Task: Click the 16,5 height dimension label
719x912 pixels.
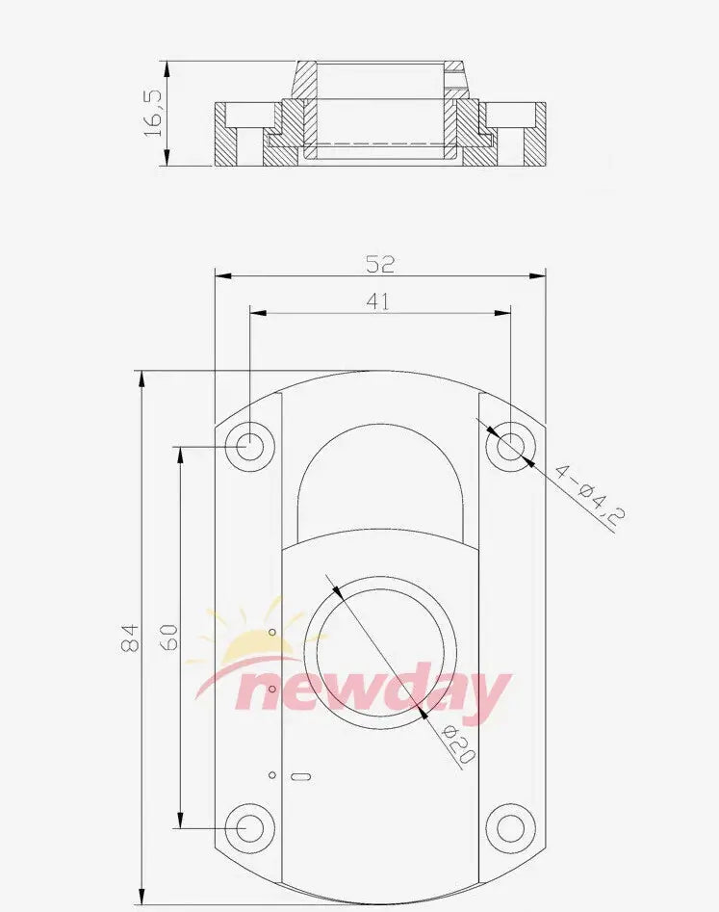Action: click(152, 114)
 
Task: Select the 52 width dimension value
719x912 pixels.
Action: click(380, 265)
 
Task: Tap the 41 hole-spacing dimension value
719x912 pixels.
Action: click(378, 301)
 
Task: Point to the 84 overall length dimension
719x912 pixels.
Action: click(130, 638)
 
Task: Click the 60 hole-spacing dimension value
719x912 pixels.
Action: click(168, 637)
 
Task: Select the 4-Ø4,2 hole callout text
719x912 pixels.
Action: click(589, 494)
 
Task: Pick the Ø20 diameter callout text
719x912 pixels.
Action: click(459, 743)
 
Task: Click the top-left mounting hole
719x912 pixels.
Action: click(250, 446)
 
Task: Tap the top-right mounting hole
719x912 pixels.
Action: click(511, 446)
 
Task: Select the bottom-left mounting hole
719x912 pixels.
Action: click(250, 827)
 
